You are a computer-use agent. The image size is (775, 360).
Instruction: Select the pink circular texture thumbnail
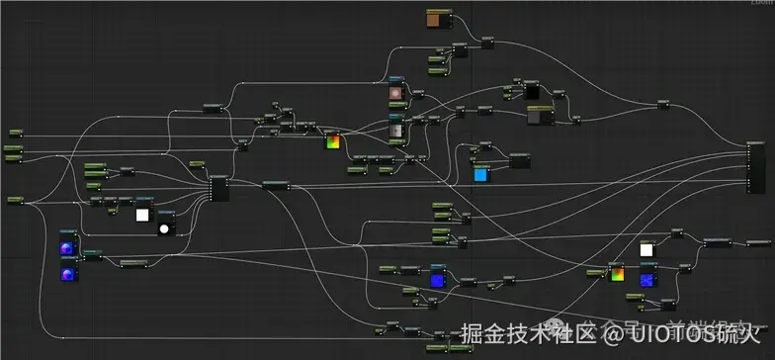pos(396,96)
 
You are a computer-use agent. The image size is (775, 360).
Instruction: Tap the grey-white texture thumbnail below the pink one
pos(396,130)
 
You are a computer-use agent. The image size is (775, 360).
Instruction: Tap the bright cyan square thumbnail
pos(481,176)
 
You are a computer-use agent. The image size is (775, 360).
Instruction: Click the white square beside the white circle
pos(142,215)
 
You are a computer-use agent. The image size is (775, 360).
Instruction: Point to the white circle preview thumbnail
pos(165,228)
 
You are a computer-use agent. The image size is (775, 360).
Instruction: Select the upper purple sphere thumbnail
pos(67,249)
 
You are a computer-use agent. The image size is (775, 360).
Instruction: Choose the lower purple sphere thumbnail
pos(67,274)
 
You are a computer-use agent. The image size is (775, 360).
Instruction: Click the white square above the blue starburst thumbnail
pos(646,250)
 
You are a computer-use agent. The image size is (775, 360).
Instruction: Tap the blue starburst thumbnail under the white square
pos(646,281)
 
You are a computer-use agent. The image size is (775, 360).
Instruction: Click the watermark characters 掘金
pos(479,336)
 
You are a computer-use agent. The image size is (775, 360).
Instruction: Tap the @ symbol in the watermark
pos(614,336)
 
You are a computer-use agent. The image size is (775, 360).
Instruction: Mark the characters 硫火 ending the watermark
pos(744,336)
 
